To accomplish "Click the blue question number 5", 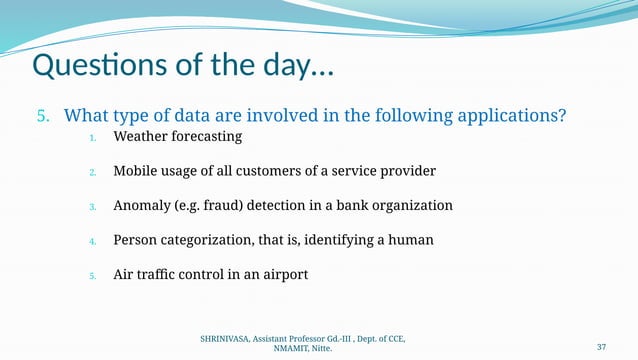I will click(42, 116).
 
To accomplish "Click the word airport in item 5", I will click(283, 274).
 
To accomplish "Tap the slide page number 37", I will click(602, 346).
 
